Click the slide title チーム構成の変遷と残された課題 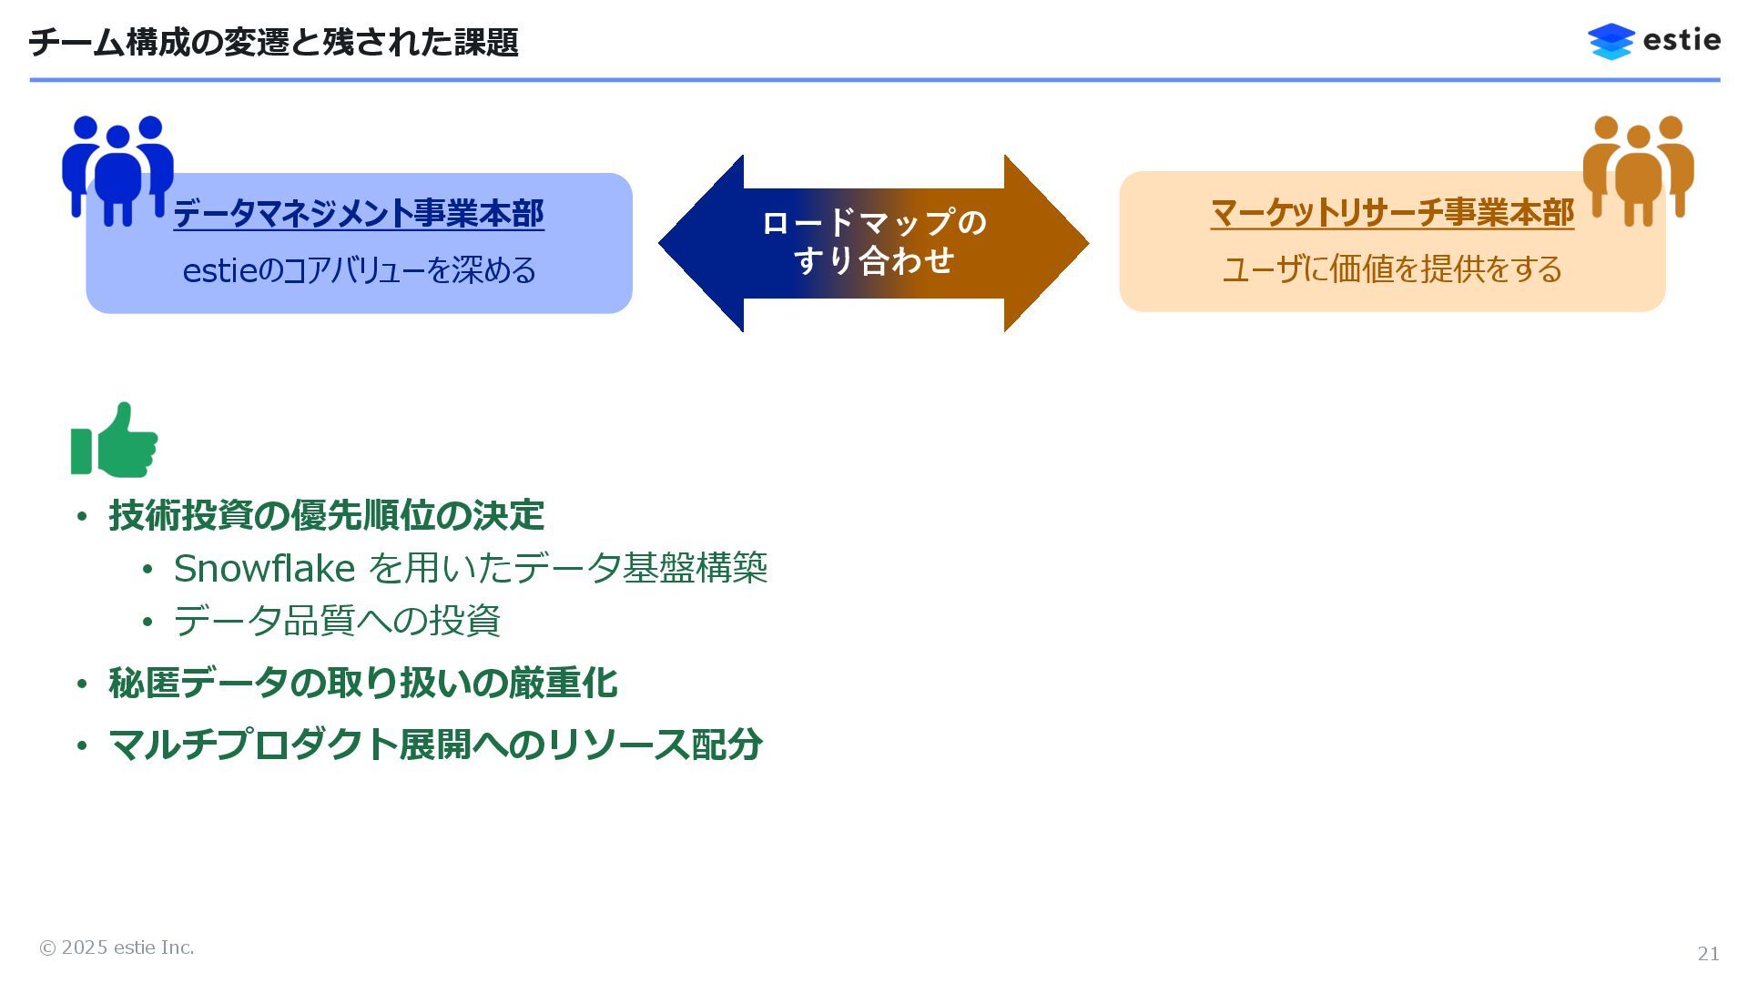click(x=273, y=43)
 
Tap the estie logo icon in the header click(x=1611, y=42)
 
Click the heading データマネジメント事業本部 click(x=359, y=214)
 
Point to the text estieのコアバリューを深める click(x=359, y=270)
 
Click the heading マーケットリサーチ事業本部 click(x=1392, y=213)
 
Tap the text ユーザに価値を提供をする click(x=1392, y=269)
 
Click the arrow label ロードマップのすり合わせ click(x=874, y=241)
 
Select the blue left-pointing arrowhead click(x=701, y=243)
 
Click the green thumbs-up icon click(x=115, y=441)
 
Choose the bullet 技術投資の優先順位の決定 click(x=326, y=515)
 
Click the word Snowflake click(x=264, y=569)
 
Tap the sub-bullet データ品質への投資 click(x=337, y=621)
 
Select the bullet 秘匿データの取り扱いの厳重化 click(x=362, y=683)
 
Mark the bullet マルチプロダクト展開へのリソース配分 click(x=435, y=745)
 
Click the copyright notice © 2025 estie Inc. click(x=117, y=948)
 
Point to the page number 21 click(x=1708, y=953)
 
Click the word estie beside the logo click(x=1682, y=41)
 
